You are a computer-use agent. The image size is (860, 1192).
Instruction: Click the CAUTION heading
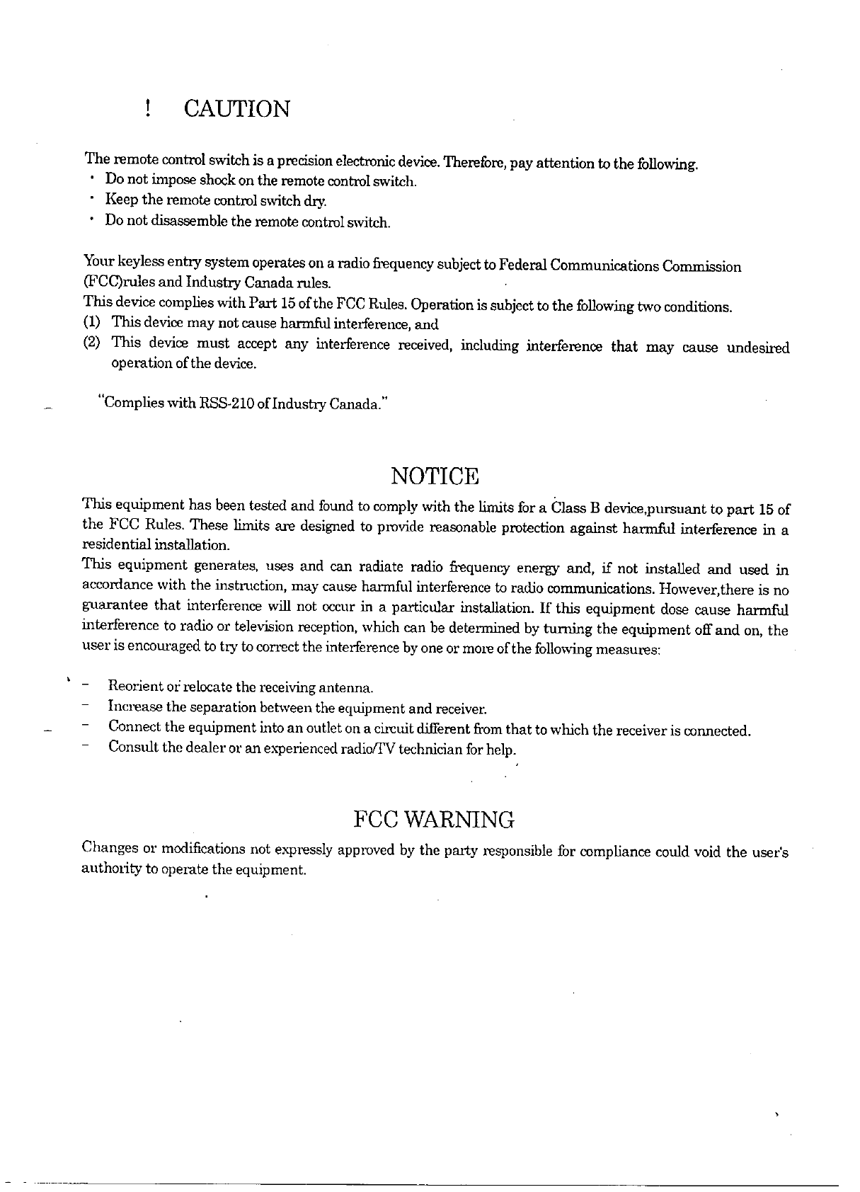pyautogui.click(x=236, y=109)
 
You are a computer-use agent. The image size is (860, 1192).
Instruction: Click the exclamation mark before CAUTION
pyautogui.click(x=147, y=109)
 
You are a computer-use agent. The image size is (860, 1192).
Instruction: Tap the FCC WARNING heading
pyautogui.click(x=433, y=820)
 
